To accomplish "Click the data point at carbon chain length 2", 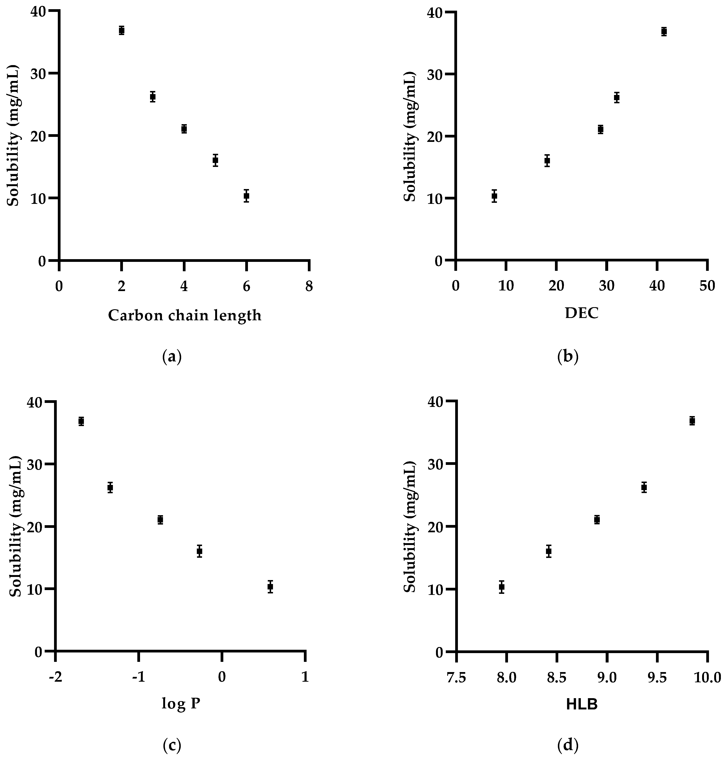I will pos(121,30).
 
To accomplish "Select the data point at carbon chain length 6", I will pos(246,196).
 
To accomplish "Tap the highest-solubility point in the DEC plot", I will pos(664,32).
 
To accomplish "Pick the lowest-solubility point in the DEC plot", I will pos(494,196).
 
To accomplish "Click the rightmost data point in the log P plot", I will pos(270,587).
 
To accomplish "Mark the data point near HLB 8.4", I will pos(548,551).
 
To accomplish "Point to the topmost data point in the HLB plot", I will pos(692,421).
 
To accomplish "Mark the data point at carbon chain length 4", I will pos(184,129).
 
